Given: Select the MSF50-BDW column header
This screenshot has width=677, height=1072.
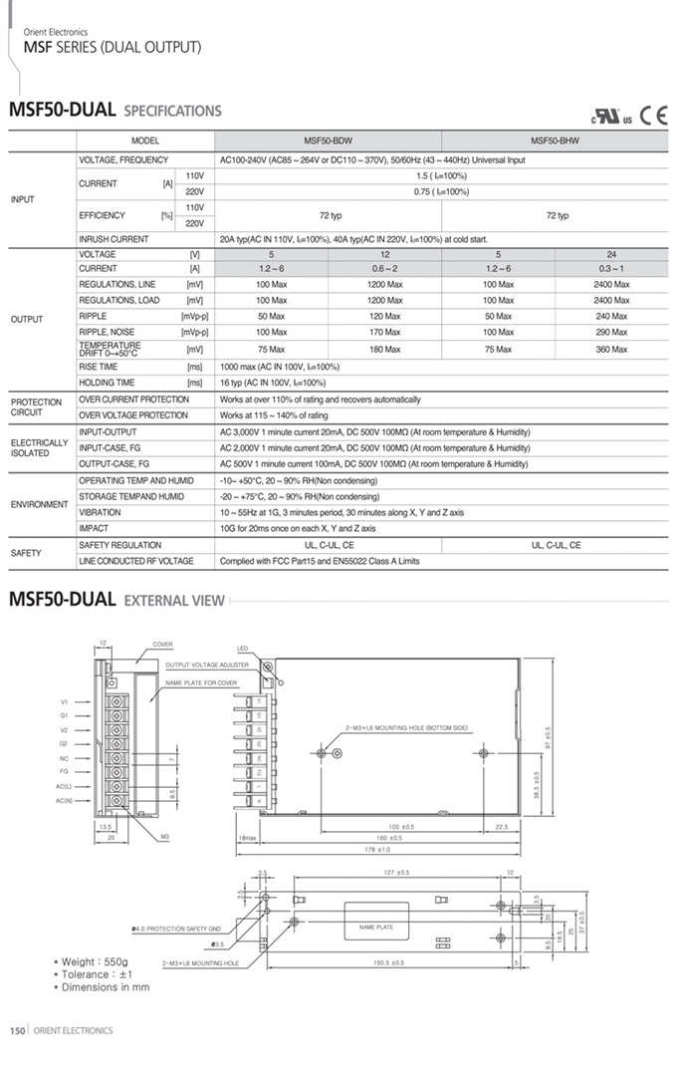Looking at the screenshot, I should [x=328, y=141].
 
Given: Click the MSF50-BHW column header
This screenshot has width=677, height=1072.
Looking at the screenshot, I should [x=555, y=141].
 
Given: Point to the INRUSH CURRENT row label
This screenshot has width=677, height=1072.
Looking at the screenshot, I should [x=113, y=239].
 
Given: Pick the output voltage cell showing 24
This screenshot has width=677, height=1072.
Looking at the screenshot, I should [x=611, y=255].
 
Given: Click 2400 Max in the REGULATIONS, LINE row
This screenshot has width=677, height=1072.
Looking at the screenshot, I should [x=611, y=285].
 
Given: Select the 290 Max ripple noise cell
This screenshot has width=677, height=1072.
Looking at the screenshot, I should [x=611, y=332].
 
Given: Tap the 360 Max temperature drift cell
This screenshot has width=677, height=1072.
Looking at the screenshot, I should [x=611, y=350].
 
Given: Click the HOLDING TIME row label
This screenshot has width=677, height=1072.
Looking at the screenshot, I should [x=107, y=383].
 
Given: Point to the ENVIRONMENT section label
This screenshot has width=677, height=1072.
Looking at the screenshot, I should [x=40, y=504].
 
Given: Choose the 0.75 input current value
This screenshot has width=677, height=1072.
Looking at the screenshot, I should [x=440, y=191].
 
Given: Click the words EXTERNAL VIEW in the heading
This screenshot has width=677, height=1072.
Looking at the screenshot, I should [x=174, y=602].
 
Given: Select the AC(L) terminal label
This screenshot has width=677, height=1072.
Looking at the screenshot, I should [x=63, y=786].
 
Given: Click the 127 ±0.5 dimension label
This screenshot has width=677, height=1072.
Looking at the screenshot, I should [x=396, y=875].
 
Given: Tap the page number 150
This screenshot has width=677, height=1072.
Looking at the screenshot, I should [x=17, y=1031].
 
